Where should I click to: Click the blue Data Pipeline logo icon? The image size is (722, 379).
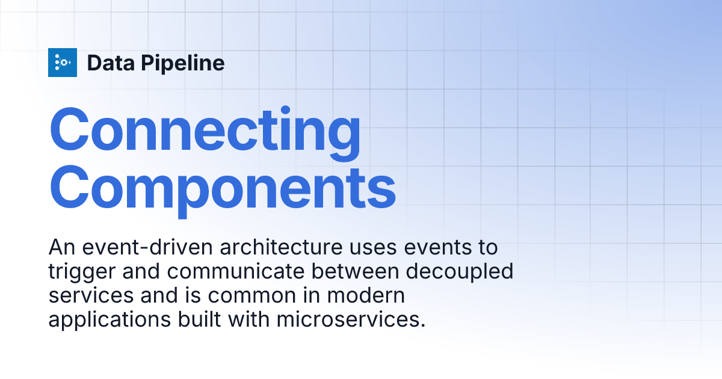click(63, 63)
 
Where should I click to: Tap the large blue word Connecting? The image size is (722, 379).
click(205, 130)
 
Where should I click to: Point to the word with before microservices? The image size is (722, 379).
click(249, 319)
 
